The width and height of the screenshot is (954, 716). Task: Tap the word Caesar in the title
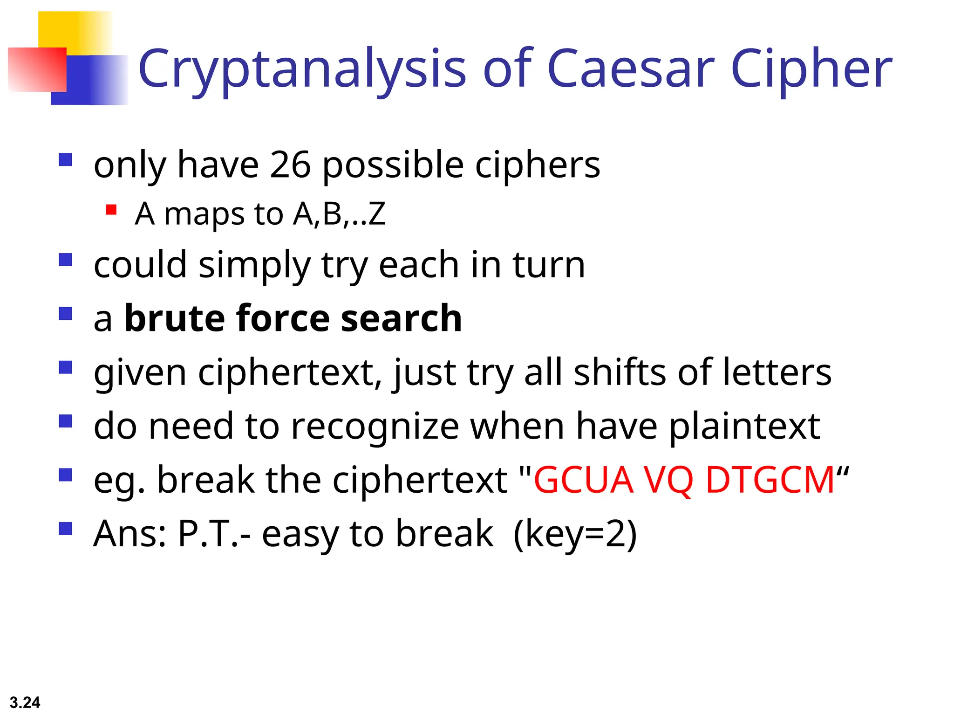(x=631, y=69)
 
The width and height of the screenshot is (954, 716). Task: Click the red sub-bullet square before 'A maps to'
(x=111, y=210)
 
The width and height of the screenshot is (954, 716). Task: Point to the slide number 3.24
(x=25, y=702)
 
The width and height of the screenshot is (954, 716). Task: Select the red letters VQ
(x=669, y=480)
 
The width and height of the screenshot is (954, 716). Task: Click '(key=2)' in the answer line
(x=575, y=534)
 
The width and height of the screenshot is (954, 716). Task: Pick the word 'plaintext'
(x=744, y=427)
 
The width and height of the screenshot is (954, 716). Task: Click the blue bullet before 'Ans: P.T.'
(x=66, y=529)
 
